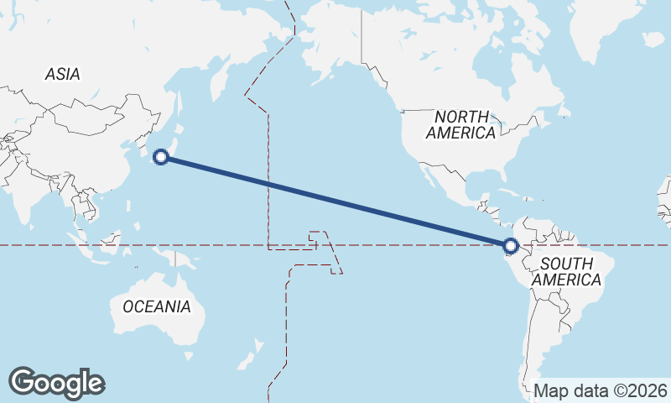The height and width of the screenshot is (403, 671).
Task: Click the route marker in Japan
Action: pyautogui.click(x=162, y=156)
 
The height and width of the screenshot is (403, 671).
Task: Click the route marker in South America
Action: pyautogui.click(x=511, y=246)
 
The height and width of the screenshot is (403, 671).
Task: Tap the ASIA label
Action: pyautogui.click(x=63, y=75)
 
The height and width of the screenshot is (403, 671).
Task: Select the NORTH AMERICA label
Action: pyautogui.click(x=460, y=125)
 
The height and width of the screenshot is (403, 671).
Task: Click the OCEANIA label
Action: pyautogui.click(x=157, y=306)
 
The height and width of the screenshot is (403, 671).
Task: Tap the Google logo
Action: pyautogui.click(x=56, y=383)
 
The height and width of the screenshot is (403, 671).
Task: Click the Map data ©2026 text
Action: pyautogui.click(x=601, y=390)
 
